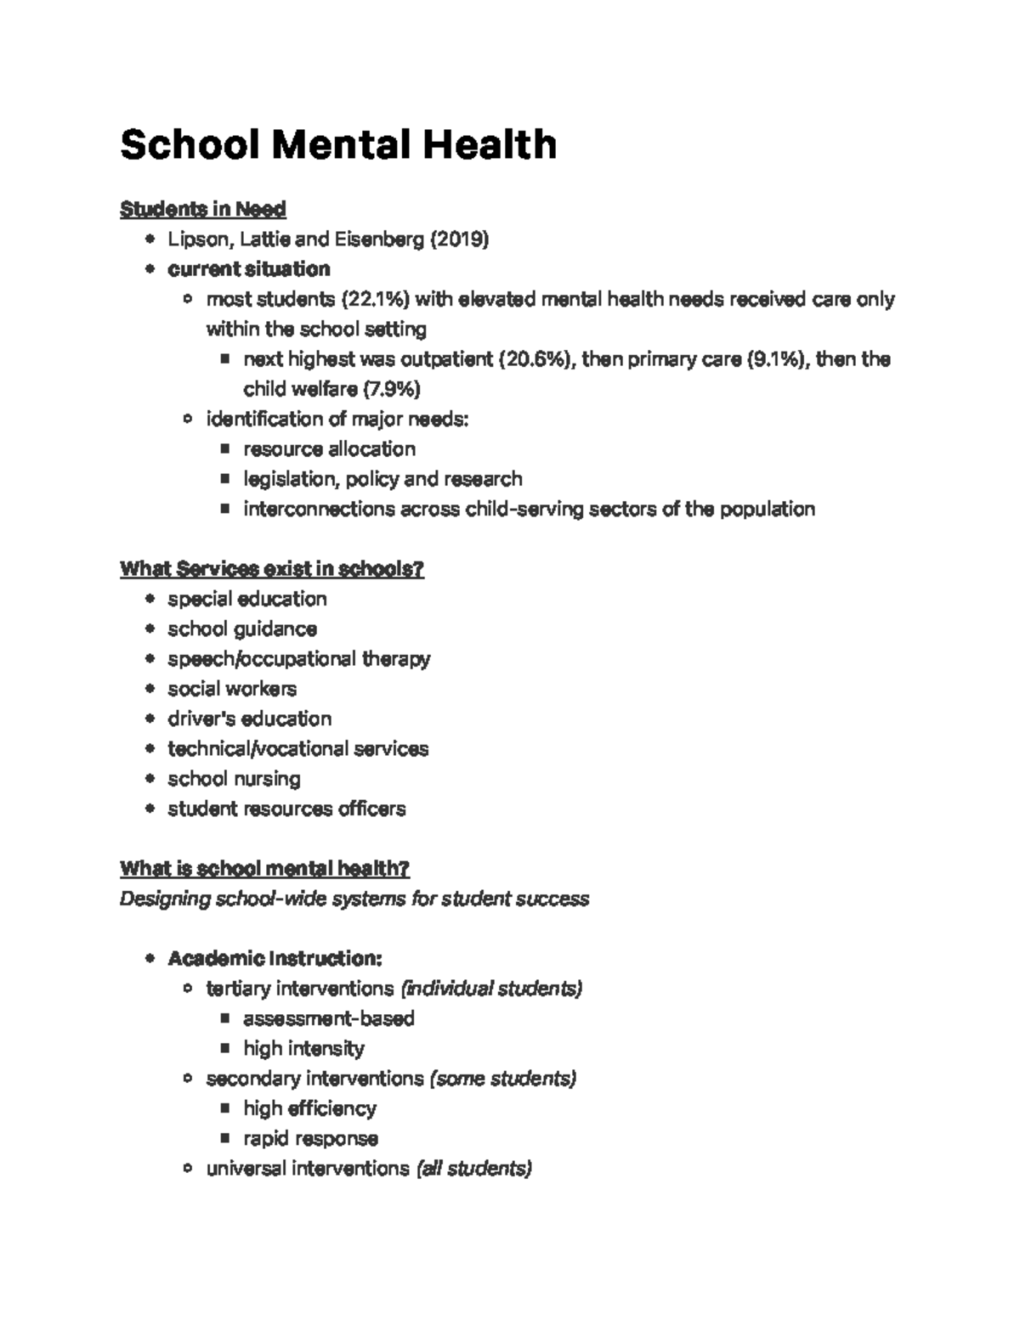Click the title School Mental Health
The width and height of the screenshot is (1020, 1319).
tap(338, 144)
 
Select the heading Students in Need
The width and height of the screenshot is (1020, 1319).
tap(203, 209)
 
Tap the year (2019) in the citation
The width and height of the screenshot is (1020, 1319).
tap(459, 240)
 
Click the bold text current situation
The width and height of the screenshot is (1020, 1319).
tap(248, 269)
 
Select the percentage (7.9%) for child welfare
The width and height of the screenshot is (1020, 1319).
tap(392, 389)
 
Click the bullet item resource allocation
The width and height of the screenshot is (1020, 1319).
tap(329, 448)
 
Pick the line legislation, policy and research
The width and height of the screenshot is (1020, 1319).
tap(382, 479)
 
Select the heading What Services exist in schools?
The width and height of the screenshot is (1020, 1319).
tap(272, 569)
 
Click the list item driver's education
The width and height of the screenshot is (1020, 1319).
tap(249, 719)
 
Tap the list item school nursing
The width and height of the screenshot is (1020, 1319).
tap(234, 779)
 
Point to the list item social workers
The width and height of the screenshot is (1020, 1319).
tap(232, 689)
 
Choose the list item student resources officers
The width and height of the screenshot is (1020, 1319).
tap(286, 809)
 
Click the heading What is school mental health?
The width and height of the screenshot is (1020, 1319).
tap(264, 869)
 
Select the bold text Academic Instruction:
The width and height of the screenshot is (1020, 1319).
tap(275, 959)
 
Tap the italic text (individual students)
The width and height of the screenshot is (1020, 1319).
tap(491, 989)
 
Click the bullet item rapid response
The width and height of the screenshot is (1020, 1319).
tap(310, 1138)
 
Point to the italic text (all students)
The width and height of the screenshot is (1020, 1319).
tap(473, 1169)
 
